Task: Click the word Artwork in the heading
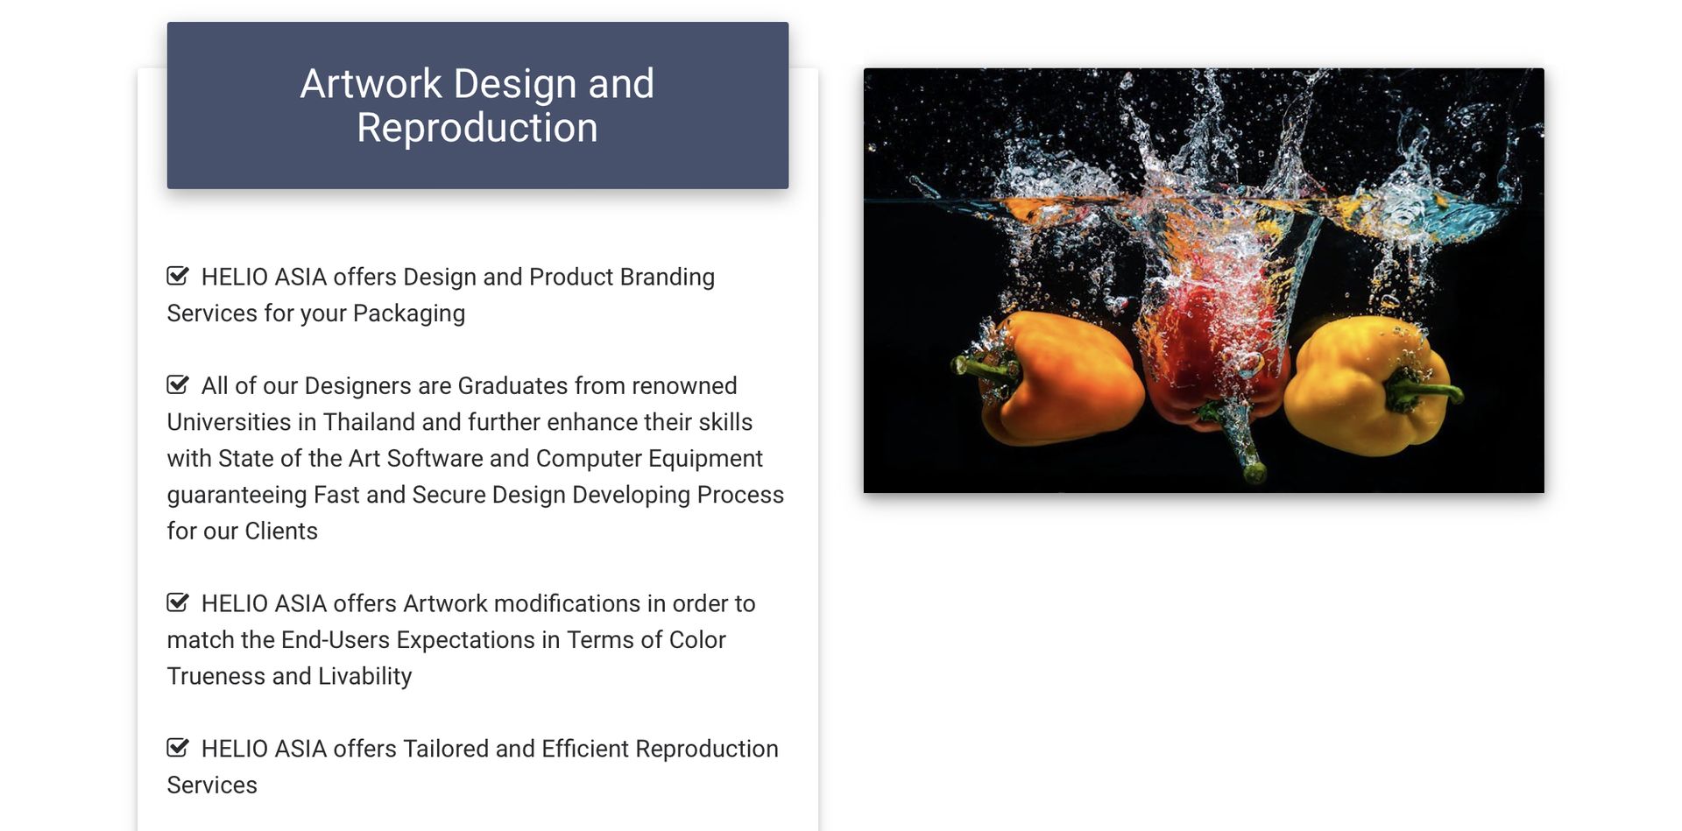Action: pos(371,84)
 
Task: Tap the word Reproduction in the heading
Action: pos(477,128)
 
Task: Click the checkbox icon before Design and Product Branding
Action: pos(178,276)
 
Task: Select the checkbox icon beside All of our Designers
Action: pos(178,384)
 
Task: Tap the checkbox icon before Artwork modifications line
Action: pos(178,602)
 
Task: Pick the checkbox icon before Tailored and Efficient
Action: pos(178,748)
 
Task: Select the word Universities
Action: pos(230,422)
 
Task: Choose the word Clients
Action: pos(281,532)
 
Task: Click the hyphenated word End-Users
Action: pos(336,640)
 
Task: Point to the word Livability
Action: pos(364,677)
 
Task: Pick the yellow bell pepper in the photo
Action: pos(1367,385)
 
